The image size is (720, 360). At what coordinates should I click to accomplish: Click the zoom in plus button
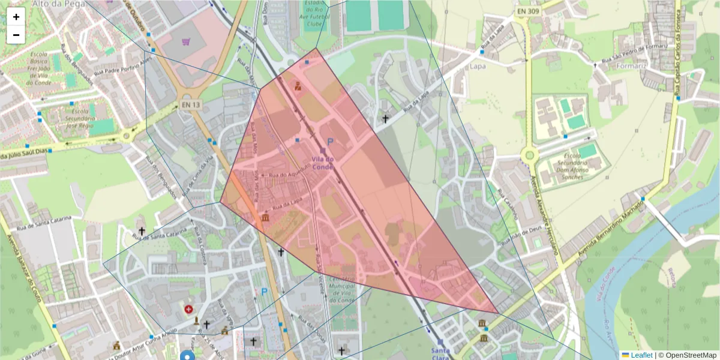16,17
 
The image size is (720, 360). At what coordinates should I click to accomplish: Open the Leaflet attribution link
641,355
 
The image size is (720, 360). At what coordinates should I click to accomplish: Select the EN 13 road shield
190,105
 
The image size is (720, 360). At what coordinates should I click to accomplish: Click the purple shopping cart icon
185,42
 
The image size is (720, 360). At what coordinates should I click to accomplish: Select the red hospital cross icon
189,310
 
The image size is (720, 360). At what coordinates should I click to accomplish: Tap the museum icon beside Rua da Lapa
265,217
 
